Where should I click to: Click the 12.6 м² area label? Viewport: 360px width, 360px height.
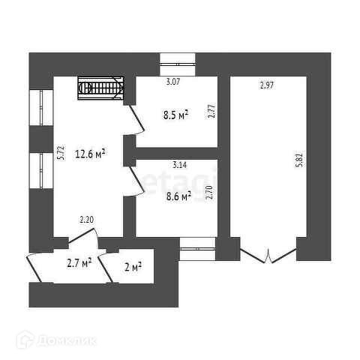pos(90,154)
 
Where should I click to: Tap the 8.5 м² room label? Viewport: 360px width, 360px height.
pos(175,115)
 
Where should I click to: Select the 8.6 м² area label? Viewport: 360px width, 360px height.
pos(178,196)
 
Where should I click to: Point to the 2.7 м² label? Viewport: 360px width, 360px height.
pos(79,263)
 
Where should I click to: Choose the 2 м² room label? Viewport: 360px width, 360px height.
pos(133,268)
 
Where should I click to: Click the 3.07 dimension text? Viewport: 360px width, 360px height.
pos(173,82)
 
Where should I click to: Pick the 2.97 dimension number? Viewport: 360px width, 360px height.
pos(267,85)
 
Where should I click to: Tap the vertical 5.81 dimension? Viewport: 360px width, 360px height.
pos(299,160)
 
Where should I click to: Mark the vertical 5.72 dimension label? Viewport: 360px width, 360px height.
pos(61,152)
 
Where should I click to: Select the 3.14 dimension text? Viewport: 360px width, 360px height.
pos(179,165)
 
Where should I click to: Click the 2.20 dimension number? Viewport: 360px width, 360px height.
pos(86,220)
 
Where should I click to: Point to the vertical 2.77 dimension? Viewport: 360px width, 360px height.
pos(211,111)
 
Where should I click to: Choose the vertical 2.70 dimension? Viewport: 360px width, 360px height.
pos(209,192)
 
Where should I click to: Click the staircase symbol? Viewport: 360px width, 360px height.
pos(100,88)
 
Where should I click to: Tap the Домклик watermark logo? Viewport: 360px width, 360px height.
pos(56,340)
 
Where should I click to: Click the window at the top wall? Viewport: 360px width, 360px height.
pos(178,64)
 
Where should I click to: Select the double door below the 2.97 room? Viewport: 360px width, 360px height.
pos(268,254)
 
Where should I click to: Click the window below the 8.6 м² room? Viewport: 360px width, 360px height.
pos(197,249)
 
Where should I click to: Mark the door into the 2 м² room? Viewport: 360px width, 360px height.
pos(106,266)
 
